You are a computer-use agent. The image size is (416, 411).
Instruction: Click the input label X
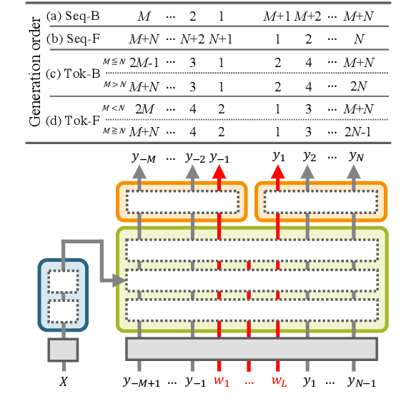tap(63, 382)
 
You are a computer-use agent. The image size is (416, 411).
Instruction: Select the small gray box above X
tap(63, 350)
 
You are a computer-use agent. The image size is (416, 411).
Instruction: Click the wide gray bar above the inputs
tap(251, 348)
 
